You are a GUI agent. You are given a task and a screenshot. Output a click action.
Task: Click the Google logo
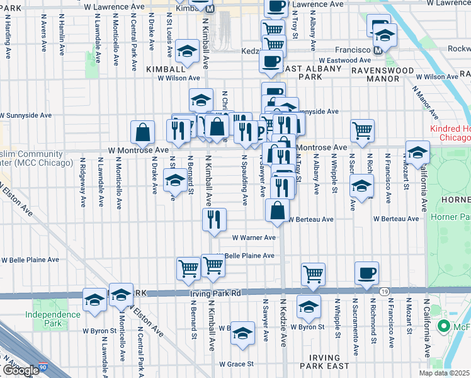click(x=20, y=371)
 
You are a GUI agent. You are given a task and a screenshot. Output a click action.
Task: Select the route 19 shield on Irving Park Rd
click(x=383, y=290)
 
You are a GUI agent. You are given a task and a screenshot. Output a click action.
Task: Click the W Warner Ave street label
click(x=254, y=238)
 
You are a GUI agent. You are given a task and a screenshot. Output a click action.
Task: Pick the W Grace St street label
click(x=236, y=364)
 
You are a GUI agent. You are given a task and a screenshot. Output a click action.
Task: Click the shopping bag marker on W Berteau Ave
click(x=277, y=210)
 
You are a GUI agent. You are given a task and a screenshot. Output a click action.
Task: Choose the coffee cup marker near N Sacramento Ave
click(x=366, y=273)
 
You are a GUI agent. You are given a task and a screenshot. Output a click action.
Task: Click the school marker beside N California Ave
click(x=417, y=152)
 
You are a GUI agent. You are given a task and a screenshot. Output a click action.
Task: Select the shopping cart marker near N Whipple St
click(x=313, y=273)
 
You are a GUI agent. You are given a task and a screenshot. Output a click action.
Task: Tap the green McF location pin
click(x=443, y=326)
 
